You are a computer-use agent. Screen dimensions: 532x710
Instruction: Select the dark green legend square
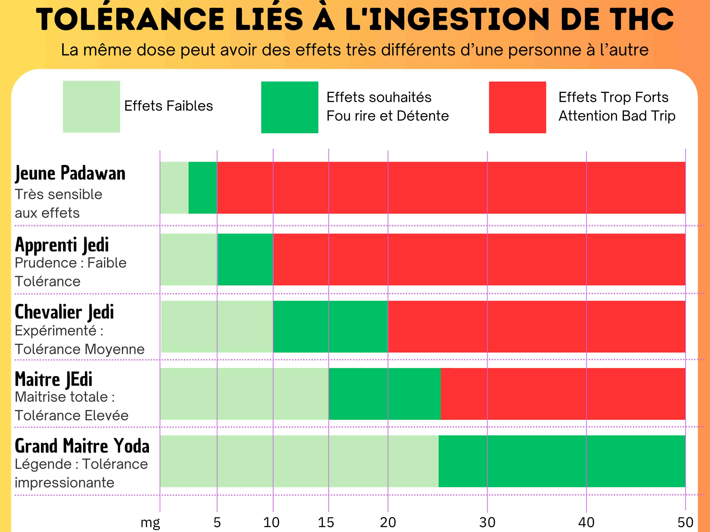289,107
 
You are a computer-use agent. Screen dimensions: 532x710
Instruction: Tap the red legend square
517,107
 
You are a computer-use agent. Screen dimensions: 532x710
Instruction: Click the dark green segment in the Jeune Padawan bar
203,188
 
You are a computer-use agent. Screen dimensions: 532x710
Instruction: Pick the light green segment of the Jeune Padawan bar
174,188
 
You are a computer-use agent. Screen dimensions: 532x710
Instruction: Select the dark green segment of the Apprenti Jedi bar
245,259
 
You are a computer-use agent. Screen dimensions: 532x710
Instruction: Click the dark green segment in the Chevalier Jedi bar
330,327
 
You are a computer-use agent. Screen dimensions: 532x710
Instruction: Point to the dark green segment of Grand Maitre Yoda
562,461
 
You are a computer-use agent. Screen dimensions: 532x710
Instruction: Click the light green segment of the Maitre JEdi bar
244,394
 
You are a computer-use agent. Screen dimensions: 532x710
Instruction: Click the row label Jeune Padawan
70,174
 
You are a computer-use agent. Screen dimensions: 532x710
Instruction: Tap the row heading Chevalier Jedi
64,312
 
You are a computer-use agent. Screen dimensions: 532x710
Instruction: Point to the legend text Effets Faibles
168,106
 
